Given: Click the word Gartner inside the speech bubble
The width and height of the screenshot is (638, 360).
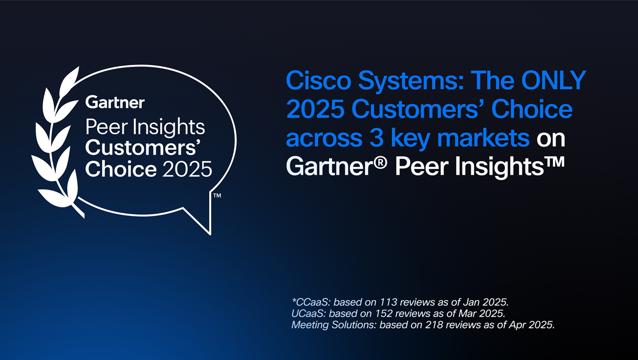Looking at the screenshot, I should click(x=115, y=102).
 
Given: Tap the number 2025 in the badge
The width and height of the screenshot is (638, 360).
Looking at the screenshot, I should click(x=187, y=169).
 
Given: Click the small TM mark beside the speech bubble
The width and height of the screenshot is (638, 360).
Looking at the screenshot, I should click(x=217, y=196).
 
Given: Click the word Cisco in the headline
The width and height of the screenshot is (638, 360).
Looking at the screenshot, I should click(x=318, y=80).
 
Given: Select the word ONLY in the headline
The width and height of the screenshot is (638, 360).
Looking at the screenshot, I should click(x=553, y=80).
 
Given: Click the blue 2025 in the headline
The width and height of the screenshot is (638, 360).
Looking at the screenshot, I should click(x=315, y=109).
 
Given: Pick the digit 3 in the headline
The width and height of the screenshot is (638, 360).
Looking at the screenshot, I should click(x=376, y=138).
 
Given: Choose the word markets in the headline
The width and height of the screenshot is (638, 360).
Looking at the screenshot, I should click(x=483, y=138).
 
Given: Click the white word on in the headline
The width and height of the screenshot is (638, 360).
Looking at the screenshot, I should click(x=551, y=138).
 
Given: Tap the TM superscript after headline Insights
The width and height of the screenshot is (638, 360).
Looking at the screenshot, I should click(x=555, y=161).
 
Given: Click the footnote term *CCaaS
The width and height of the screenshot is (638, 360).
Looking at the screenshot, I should click(x=310, y=302).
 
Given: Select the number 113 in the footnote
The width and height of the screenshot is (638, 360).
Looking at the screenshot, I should click(x=388, y=302).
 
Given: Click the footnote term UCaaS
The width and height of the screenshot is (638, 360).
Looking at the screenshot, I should click(x=308, y=313).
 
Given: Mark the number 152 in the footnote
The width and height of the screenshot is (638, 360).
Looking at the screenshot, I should click(x=383, y=313).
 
